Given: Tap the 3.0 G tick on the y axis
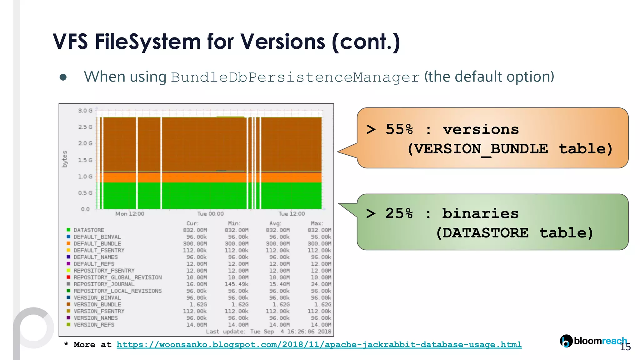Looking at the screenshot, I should [85, 111].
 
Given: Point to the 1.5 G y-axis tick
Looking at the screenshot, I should [85, 160].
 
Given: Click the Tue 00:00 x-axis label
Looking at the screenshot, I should [210, 214].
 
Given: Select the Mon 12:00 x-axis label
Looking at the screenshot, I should [130, 214].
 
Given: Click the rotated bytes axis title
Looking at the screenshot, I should [65, 159].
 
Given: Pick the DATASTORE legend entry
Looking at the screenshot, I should [89, 230].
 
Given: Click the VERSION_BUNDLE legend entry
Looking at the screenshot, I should [97, 304].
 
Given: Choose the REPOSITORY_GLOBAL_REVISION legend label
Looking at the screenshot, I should [117, 277].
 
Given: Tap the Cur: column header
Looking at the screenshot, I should [192, 223].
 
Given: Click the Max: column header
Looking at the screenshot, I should [317, 223].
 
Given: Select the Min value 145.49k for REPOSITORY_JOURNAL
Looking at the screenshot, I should [237, 284].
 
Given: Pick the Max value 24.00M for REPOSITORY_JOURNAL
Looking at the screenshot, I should [321, 284].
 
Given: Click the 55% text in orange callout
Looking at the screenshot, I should [399, 129].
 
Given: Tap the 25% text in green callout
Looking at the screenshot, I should [399, 213].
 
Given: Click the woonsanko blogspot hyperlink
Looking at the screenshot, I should [319, 345].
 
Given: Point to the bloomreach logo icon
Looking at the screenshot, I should [566, 341].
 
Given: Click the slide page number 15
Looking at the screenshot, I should [625, 347].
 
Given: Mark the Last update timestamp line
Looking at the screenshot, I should [268, 332].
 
